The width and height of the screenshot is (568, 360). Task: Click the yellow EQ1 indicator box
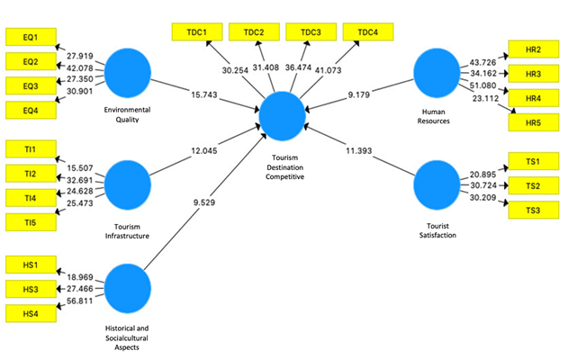[30, 38]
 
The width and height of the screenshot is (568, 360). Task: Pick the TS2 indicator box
[532, 186]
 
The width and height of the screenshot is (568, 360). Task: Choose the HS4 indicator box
[30, 312]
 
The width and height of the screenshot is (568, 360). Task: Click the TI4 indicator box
[30, 197]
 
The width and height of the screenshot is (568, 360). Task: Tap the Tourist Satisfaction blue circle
[438, 187]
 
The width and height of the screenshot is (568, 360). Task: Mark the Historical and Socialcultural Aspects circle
[128, 287]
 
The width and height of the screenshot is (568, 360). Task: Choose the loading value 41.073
[342, 71]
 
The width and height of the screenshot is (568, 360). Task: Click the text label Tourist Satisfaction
[438, 229]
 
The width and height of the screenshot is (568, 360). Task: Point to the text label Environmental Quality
[128, 115]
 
